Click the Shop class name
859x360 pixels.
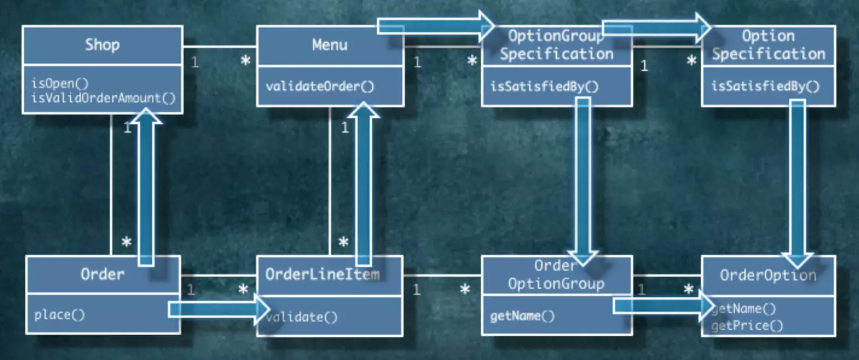pos(103,45)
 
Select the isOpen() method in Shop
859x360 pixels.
pos(60,83)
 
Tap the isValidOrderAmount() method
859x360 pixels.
pos(104,98)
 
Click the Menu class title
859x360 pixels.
pos(330,45)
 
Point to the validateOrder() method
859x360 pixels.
pos(320,86)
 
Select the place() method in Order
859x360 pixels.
pos(59,315)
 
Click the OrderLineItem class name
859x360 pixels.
pos(323,275)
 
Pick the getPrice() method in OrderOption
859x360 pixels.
pos(747,326)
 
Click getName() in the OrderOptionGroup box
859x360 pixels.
pos(522,316)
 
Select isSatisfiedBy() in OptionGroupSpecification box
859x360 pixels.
pos(545,86)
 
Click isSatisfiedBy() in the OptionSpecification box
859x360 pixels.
pos(766,86)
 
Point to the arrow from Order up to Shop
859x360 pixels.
pos(146,186)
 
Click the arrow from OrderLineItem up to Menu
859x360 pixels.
pos(364,184)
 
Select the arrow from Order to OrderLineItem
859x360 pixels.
pos(219,309)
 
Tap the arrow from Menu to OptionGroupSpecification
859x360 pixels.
pos(436,26)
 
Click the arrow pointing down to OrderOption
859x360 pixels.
pos(797,184)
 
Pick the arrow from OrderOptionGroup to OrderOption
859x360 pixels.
pos(664,306)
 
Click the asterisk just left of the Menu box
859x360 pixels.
pos(245,61)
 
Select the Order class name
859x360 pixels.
pos(103,275)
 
